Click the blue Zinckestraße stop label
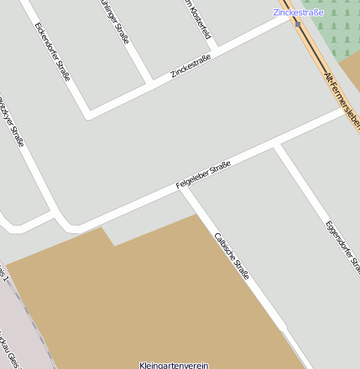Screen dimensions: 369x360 coord(298,12)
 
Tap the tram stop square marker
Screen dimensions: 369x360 coord(298,23)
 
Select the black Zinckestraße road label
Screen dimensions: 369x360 coord(190,66)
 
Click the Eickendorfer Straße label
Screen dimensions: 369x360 coord(53,51)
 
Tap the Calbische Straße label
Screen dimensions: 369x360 coord(232,256)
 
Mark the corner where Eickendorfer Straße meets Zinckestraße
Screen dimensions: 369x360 coord(87,112)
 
